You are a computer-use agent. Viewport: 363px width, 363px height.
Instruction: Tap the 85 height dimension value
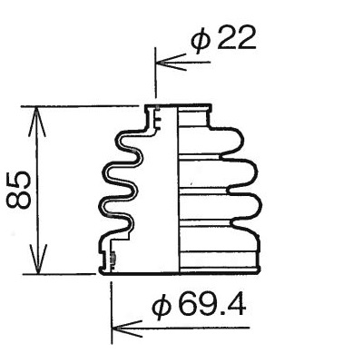(19, 190)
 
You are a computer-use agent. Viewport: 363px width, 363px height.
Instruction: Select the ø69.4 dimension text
(199, 305)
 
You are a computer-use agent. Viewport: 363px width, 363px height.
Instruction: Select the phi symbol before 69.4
(162, 306)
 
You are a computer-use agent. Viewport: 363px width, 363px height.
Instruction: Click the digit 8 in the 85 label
(19, 201)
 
